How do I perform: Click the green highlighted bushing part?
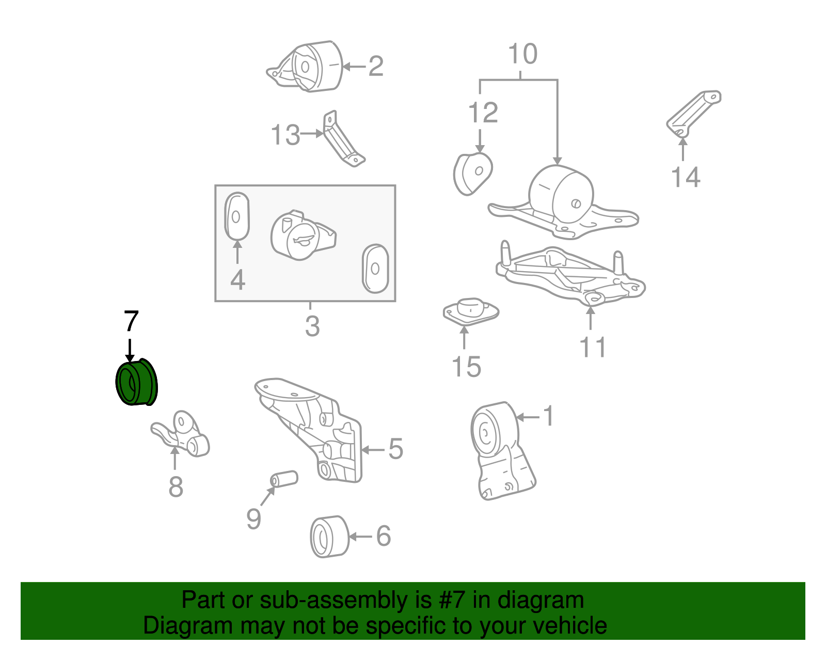[136, 384]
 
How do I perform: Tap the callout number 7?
[131, 321]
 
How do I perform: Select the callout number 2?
[376, 66]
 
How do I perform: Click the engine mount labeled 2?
[310, 67]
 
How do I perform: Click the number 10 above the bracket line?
[522, 54]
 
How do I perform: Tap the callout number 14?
[686, 177]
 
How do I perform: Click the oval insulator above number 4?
[237, 216]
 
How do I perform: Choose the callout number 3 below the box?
[312, 326]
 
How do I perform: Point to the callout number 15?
[466, 367]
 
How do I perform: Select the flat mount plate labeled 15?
[470, 311]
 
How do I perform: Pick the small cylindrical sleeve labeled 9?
[284, 479]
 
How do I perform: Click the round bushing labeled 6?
[329, 537]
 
